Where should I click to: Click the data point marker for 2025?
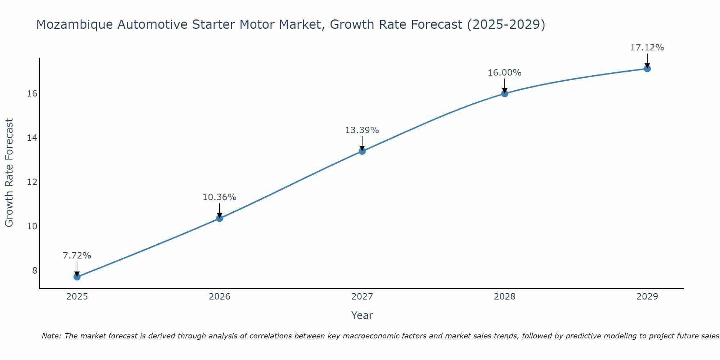pos(77,277)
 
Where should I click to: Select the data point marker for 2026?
pos(220,218)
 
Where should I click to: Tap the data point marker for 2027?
pos(362,151)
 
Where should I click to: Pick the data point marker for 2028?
pos(505,94)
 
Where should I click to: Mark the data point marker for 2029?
pos(647,69)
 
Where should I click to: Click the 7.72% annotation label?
pos(77,256)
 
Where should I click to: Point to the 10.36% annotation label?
pos(220,197)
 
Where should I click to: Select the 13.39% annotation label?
pos(362,130)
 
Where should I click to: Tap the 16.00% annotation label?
pos(505,73)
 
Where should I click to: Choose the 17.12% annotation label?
pos(647,48)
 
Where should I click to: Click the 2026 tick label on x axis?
pos(220,297)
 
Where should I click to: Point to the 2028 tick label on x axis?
pos(505,297)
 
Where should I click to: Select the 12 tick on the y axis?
pos(32,182)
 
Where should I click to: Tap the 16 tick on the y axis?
pos(32,94)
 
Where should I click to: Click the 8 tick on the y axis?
pos(35,271)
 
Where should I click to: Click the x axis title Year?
pos(362,315)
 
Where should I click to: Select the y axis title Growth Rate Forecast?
pos(9,173)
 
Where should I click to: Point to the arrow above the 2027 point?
pos(362,143)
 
